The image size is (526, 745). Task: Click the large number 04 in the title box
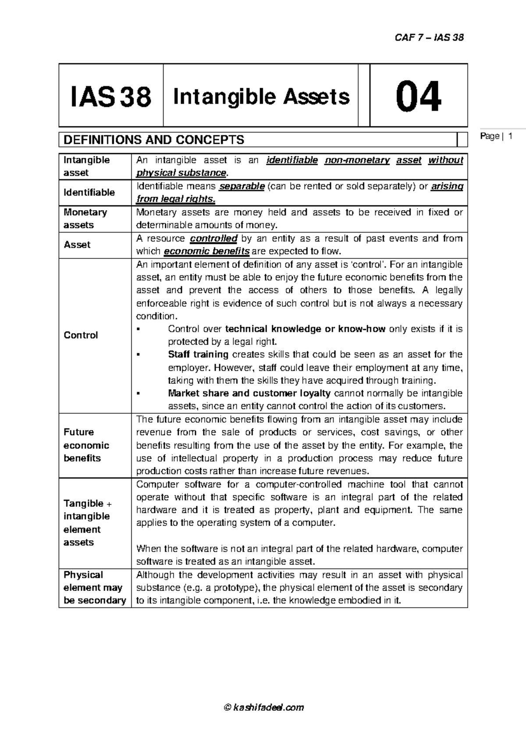(x=418, y=97)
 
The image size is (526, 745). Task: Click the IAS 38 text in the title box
(x=111, y=97)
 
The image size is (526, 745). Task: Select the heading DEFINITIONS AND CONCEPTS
(x=154, y=140)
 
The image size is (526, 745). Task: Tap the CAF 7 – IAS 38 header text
(x=429, y=37)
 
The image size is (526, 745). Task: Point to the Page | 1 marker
(x=496, y=136)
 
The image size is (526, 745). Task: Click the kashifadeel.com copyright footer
(x=263, y=707)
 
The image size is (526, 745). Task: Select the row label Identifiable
(x=89, y=192)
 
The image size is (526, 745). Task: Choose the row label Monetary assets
(x=85, y=218)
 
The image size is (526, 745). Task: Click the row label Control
(x=81, y=335)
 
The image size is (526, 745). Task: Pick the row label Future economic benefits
(x=86, y=445)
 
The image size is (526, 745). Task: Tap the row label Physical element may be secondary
(x=94, y=587)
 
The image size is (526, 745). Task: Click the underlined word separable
(x=242, y=186)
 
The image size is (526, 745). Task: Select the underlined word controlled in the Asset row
(x=213, y=239)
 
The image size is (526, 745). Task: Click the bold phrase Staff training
(x=198, y=355)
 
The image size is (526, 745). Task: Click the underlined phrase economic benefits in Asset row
(x=206, y=251)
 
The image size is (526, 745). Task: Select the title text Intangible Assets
(x=261, y=97)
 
